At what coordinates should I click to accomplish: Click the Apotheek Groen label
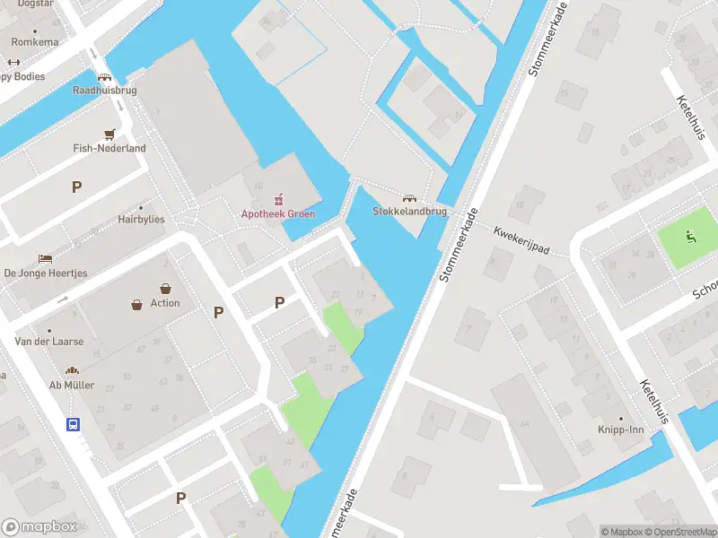coord(277,213)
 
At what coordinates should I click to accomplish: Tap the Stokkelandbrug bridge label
coord(409,213)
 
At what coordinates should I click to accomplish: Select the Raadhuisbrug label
coord(104,91)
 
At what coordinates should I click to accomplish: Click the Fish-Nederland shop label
coord(109,148)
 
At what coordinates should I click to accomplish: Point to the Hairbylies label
coord(141,219)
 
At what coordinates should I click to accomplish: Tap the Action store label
coord(165,303)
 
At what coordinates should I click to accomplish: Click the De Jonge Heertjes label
coord(46,273)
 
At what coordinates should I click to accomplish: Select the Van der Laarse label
coord(48,342)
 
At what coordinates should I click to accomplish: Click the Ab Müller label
coord(72,385)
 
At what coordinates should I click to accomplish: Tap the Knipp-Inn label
coord(623,430)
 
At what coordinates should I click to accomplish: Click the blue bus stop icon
coord(73,424)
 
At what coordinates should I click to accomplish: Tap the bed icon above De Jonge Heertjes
coord(45,258)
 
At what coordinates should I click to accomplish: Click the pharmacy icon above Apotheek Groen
coord(277,198)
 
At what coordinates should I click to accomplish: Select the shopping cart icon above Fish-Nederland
coord(109,134)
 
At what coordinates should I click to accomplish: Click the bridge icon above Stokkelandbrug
coord(410,198)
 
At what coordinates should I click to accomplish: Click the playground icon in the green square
coord(690,237)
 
